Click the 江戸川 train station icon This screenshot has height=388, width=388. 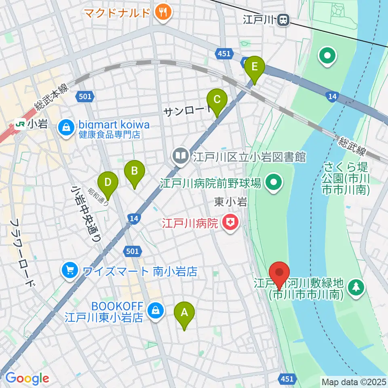[284, 19]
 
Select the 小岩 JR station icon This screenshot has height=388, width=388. [19, 124]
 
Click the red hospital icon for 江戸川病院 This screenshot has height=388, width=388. [230, 222]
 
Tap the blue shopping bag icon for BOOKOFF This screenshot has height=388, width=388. [154, 310]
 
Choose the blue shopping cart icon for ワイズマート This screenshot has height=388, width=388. [70, 270]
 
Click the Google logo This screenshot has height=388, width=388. [27, 378]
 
